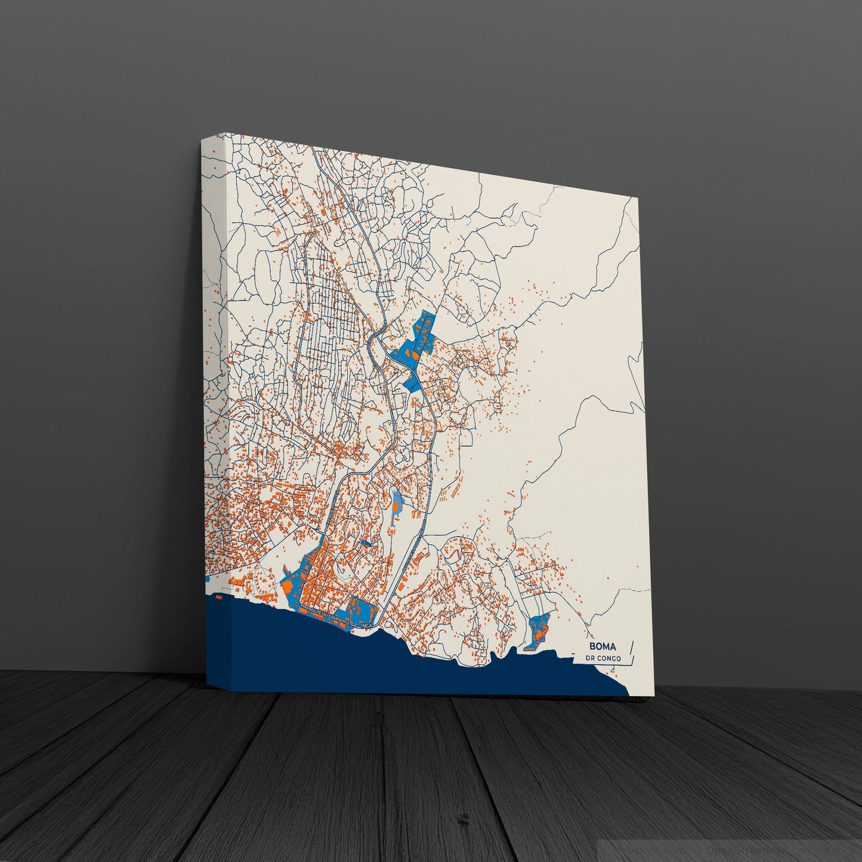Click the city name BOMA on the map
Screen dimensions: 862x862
(x=603, y=645)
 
